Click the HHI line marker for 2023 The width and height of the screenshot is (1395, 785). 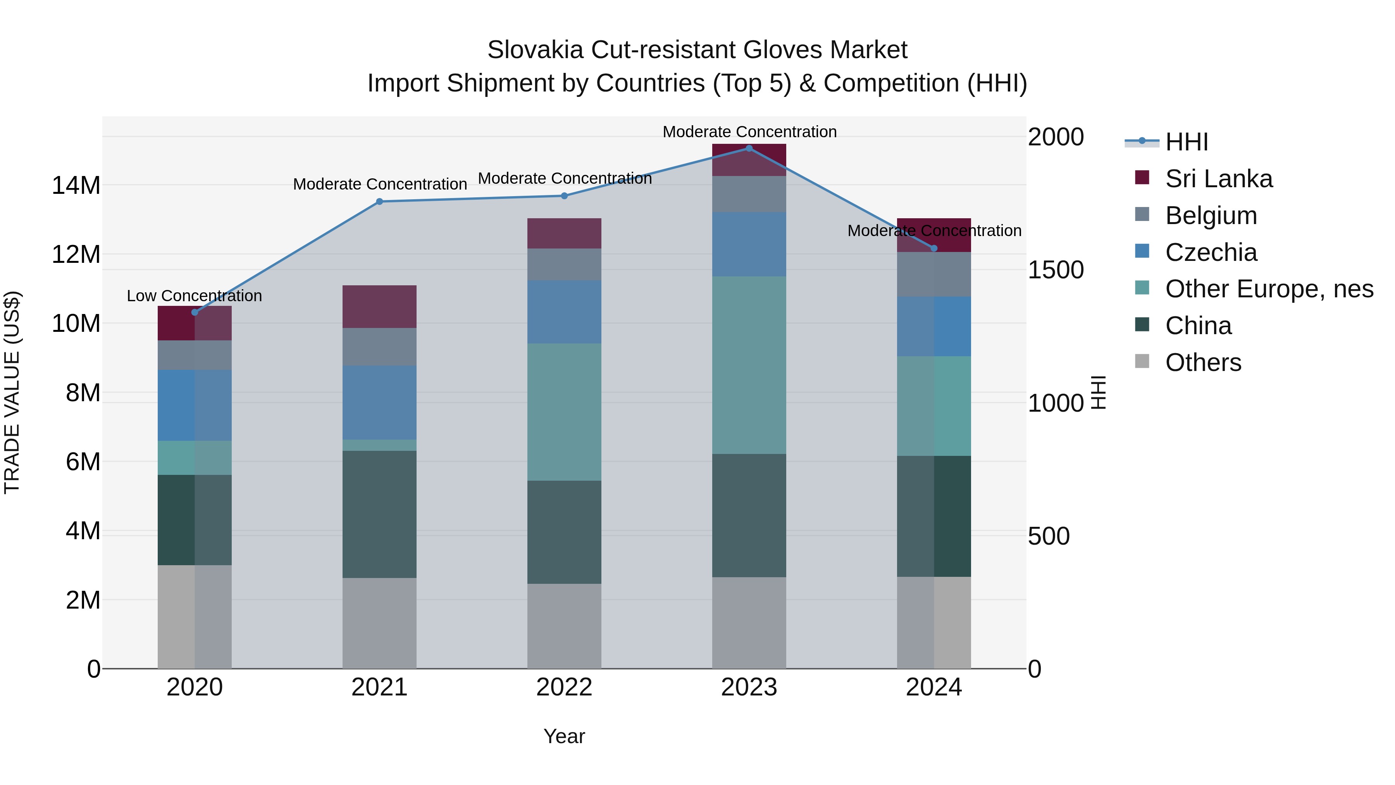click(749, 148)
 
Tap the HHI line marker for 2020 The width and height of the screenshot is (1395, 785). click(195, 312)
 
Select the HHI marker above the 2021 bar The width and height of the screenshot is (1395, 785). click(380, 202)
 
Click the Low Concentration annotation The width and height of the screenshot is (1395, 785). click(195, 296)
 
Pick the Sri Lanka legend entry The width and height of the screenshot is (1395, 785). click(1218, 179)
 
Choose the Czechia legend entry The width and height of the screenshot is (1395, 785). click(1211, 252)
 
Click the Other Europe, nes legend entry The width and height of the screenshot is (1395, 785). click(1269, 289)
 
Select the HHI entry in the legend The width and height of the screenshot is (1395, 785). click(1186, 142)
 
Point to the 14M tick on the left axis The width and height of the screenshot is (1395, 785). click(76, 186)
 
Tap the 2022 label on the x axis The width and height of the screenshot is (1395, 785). click(564, 687)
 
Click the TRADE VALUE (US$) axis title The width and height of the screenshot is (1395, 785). click(12, 392)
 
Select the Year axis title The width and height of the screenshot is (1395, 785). click(564, 736)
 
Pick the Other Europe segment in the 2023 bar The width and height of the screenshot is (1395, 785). click(749, 365)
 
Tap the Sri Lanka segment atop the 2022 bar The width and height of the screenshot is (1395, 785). click(564, 233)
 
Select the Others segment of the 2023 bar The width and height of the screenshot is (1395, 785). click(749, 623)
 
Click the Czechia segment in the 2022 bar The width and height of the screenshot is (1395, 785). click(564, 312)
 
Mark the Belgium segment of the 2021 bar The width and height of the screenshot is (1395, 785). click(380, 347)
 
